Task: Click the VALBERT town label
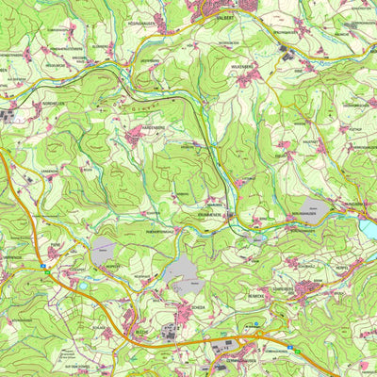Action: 223,17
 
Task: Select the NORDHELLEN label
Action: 29,105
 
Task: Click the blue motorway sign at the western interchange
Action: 43,268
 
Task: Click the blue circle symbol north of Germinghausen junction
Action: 254,324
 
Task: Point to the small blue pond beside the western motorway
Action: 83,285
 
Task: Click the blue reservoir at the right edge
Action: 369,229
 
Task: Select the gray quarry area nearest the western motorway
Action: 102,249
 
